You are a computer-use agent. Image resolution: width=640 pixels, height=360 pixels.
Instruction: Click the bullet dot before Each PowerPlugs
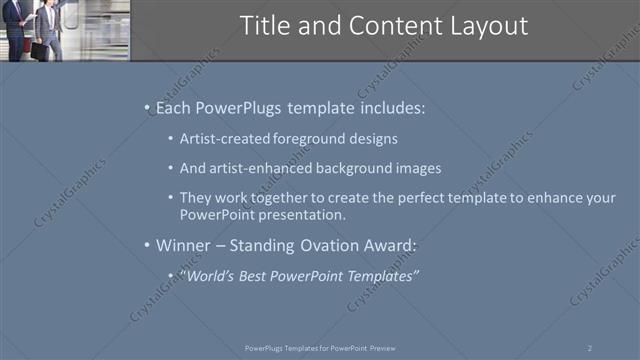tap(148, 105)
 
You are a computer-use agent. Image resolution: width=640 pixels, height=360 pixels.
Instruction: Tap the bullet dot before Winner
tap(148, 245)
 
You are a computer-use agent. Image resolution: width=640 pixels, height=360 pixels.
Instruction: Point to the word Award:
tap(410, 245)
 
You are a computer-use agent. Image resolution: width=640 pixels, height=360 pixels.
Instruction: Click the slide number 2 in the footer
tap(589, 347)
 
